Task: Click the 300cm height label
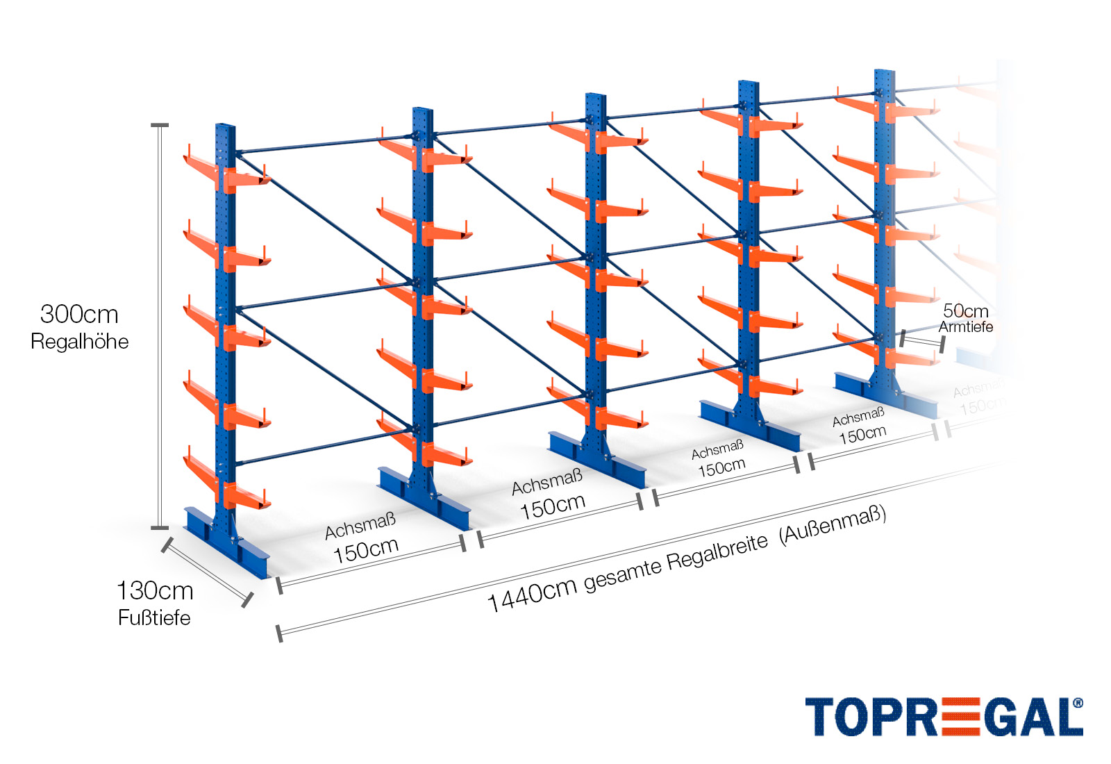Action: pos(79,315)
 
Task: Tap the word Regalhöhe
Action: pos(80,342)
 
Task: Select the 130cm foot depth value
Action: pos(155,591)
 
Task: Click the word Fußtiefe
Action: pos(154,617)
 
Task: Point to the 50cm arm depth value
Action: pos(965,311)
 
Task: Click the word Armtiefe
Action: pos(966,327)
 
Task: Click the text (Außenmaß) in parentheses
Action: pos(833,525)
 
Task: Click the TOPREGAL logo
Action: pos(943,717)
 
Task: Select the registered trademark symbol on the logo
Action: pos(1077,703)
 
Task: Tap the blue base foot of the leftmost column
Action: pos(226,542)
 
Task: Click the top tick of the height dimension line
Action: pos(160,126)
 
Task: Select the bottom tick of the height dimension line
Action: pos(160,528)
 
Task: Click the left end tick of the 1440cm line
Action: pos(279,633)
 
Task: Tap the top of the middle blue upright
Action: pos(595,97)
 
